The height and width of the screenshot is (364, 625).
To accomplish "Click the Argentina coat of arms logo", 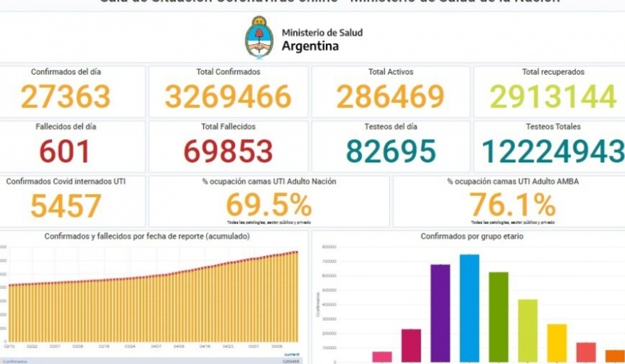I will [259, 38].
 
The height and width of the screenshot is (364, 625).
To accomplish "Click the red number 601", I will [65, 151].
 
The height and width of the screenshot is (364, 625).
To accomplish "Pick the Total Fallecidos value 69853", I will [228, 151].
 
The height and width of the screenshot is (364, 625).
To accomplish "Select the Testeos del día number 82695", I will [390, 151].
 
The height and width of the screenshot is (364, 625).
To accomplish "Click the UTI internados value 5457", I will [65, 206].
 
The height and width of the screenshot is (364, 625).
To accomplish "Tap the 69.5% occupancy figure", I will [268, 205].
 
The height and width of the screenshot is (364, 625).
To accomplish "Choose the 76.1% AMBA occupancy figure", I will [512, 205].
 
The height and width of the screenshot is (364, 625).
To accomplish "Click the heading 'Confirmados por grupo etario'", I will [472, 236].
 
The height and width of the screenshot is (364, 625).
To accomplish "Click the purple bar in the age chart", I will [440, 313].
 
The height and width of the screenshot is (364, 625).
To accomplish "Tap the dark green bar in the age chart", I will [499, 316].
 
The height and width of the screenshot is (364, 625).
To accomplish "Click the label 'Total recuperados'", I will [553, 72].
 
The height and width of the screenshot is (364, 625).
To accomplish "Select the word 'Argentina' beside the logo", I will [310, 47].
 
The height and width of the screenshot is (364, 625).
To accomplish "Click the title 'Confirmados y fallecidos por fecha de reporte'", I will [147, 236].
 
